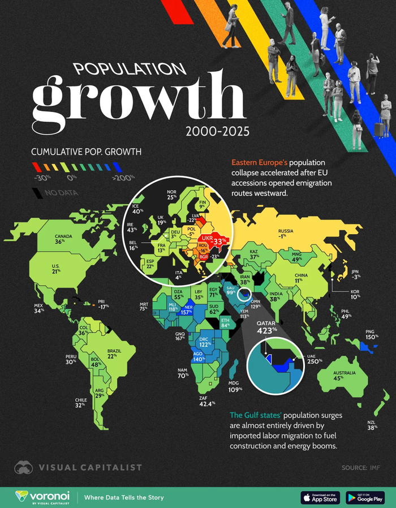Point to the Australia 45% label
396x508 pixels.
pos(345,376)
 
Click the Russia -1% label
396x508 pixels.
pos(285,234)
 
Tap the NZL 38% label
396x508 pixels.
pos(371,425)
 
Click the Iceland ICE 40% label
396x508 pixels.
pos(136,209)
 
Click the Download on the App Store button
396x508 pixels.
pos(320,497)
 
